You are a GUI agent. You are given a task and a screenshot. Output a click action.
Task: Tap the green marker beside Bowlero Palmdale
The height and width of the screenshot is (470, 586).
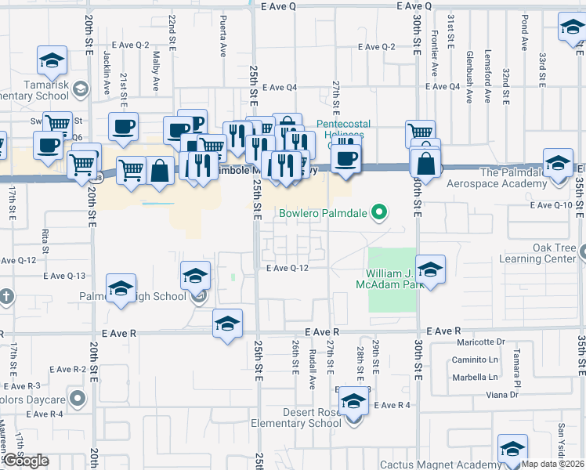pos(379,212)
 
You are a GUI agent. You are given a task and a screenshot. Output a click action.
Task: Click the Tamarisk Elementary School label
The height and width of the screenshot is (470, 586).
pos(34,90)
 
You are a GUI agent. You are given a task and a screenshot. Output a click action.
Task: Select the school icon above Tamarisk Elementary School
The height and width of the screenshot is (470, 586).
pos(52,60)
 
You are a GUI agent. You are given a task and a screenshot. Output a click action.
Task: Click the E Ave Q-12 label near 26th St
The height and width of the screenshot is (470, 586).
pos(287,268)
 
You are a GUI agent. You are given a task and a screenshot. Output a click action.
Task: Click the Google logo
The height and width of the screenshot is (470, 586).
pos(26,461)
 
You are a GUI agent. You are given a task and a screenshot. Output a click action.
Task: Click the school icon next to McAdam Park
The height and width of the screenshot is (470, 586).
pos(430,271)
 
